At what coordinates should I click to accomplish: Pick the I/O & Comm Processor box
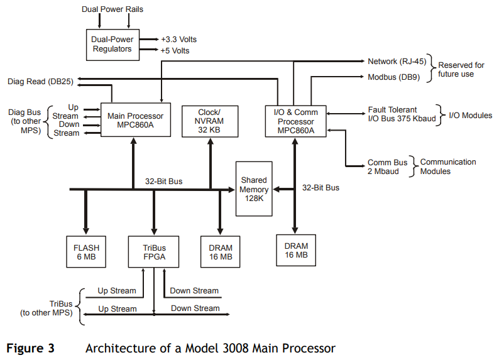click(295, 121)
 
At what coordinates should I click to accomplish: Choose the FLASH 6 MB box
click(86, 251)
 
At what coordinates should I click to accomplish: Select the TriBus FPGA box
click(153, 251)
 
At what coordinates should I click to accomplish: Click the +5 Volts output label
click(175, 50)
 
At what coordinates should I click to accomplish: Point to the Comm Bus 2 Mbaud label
click(387, 166)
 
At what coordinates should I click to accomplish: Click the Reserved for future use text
click(461, 69)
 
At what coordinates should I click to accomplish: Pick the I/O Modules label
click(470, 115)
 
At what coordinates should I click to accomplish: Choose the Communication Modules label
click(447, 166)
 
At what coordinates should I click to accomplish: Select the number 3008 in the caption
click(209, 347)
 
